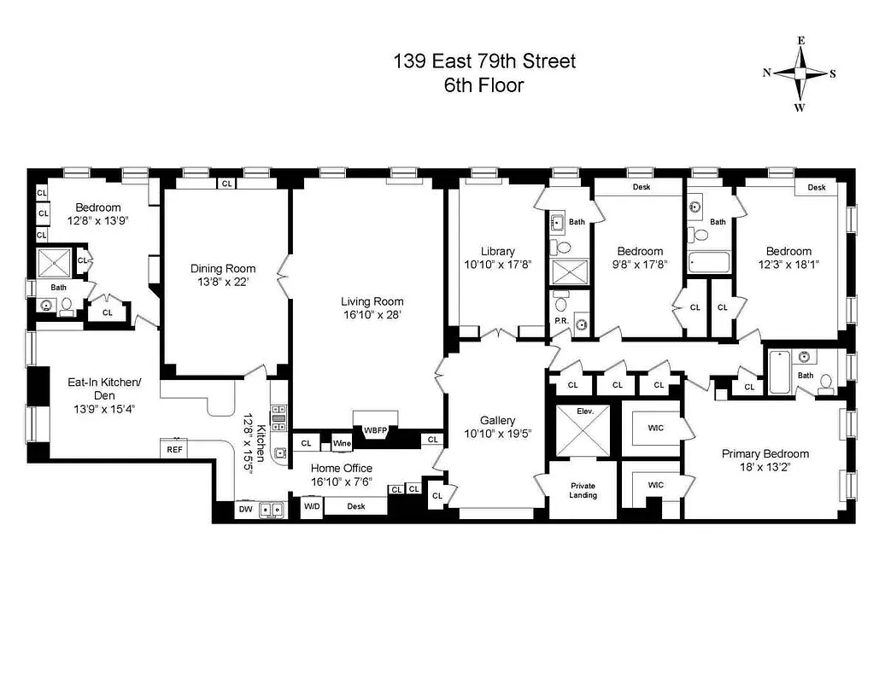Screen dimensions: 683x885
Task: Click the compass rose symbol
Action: [800, 73]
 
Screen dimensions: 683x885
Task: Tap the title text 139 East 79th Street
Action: [484, 61]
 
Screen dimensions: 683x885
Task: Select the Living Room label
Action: [372, 301]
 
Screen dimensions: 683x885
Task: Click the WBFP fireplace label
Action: [376, 430]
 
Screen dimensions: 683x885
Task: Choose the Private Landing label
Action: [583, 490]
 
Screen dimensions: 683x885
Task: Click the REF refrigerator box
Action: [174, 448]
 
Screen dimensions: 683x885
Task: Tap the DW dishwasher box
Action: [245, 510]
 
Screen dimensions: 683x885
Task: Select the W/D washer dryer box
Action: [312, 506]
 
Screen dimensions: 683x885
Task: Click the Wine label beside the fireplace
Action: [342, 443]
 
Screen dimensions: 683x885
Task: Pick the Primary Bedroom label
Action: [765, 453]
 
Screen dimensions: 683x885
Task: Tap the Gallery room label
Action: [497, 421]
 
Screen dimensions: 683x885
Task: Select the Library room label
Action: [497, 251]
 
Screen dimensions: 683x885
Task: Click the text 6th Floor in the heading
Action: [484, 85]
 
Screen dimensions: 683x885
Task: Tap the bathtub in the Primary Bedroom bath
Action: [777, 372]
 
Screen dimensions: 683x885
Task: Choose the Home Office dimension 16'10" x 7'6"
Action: [341, 482]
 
